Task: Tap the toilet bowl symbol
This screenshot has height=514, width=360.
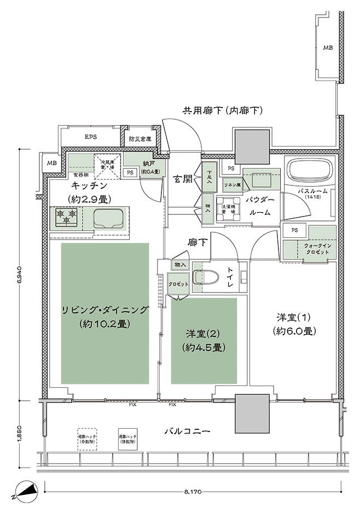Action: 207,276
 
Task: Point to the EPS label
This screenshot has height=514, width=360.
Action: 90,137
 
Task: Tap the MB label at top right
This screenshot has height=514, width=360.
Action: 327,48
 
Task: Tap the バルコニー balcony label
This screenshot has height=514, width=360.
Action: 188,431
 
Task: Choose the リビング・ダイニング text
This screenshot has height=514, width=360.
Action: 104,310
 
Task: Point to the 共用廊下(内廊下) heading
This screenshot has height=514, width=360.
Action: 223,111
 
